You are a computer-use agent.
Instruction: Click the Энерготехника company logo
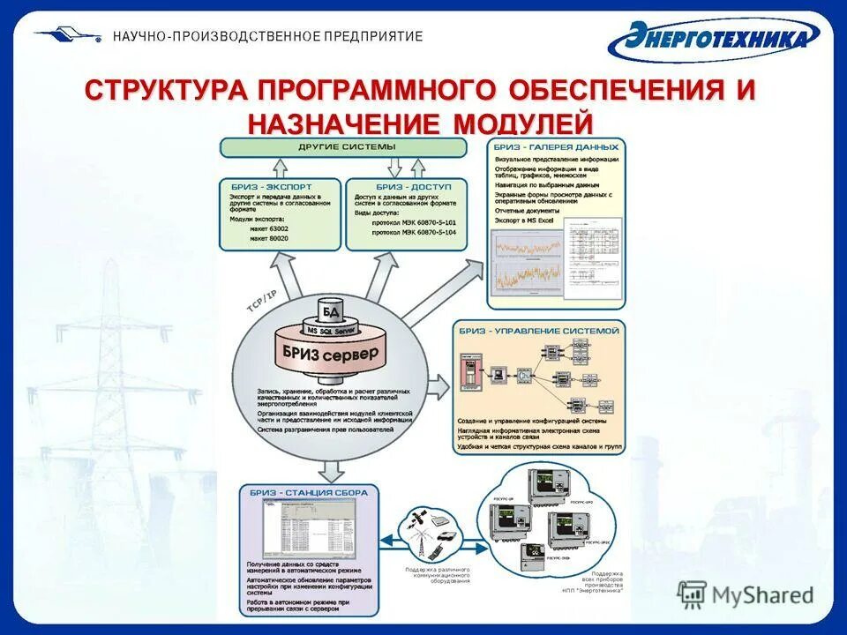pyautogui.click(x=714, y=38)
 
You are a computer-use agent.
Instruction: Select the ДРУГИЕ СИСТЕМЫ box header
pyautogui.click(x=347, y=146)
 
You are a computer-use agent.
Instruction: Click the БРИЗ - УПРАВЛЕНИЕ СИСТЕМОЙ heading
pyautogui.click(x=538, y=330)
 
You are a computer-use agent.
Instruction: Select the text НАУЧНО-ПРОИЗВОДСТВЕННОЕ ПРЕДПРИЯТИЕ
pyautogui.click(x=267, y=36)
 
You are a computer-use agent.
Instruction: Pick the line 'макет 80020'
pyautogui.click(x=269, y=238)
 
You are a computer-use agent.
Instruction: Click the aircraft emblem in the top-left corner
pyautogui.click(x=69, y=35)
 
